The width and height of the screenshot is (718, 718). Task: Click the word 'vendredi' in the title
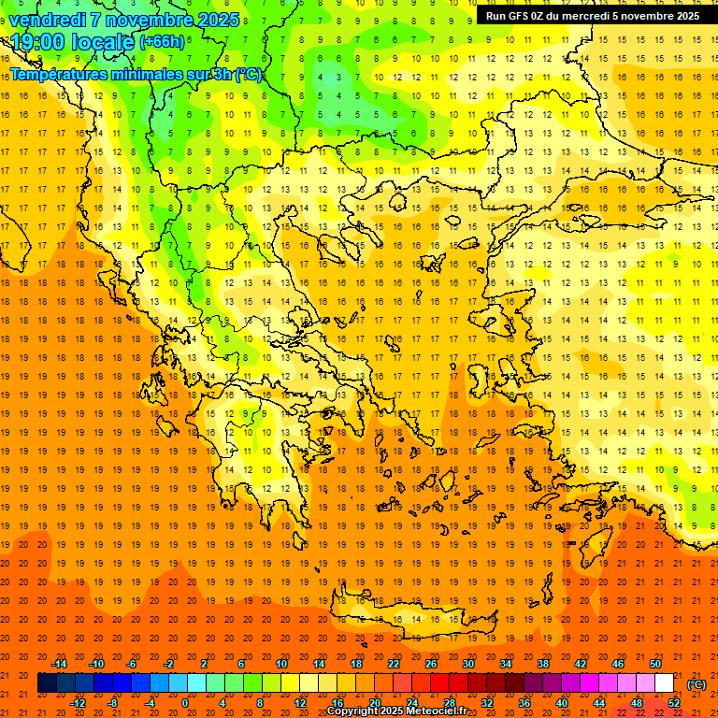pos(47,20)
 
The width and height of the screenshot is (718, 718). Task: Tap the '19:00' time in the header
pos(38,42)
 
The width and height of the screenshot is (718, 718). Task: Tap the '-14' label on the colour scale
pos(59,663)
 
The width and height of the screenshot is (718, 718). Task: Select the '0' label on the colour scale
pos(184,702)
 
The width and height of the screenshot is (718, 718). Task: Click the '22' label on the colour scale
pos(393,663)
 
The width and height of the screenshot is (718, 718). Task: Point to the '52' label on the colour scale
pos(673,702)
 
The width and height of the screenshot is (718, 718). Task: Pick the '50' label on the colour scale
pos(654,663)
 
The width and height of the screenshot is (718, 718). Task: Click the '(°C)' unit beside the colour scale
pos(696,683)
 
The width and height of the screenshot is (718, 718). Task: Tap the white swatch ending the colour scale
pos(664,683)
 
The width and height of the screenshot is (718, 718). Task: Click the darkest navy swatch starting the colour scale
pos(47,683)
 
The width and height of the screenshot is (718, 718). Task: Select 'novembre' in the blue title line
pos(149,20)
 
